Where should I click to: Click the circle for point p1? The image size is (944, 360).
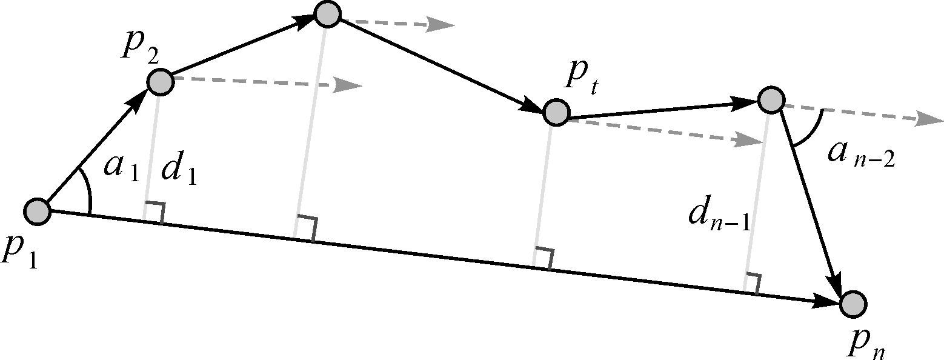(x=38, y=212)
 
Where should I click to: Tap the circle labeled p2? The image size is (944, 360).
(x=161, y=82)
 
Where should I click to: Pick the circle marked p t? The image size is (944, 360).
(x=556, y=112)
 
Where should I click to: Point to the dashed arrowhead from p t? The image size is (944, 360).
(x=748, y=141)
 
